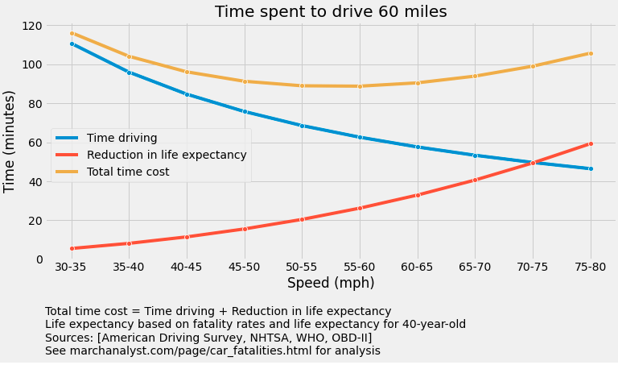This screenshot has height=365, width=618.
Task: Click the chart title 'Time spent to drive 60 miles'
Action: click(x=331, y=11)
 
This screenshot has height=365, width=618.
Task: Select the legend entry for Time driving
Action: click(x=122, y=138)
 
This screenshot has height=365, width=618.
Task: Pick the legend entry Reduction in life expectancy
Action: click(x=167, y=155)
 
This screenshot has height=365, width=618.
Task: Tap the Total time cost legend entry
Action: click(x=128, y=172)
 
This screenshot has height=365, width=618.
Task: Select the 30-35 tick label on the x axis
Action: click(x=72, y=268)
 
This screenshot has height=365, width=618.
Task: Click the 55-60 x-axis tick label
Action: click(x=360, y=268)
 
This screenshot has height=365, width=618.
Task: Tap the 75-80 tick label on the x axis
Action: click(x=591, y=268)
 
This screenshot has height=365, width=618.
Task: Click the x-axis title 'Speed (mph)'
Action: click(x=331, y=284)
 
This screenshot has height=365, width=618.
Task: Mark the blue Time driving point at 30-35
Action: click(x=72, y=44)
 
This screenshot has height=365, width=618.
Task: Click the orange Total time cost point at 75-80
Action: click(x=591, y=53)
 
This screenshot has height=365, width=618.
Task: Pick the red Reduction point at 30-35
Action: click(x=72, y=248)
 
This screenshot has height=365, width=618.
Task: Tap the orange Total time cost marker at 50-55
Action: click(x=302, y=85)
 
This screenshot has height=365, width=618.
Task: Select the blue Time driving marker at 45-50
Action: click(x=245, y=111)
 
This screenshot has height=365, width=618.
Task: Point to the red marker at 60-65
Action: click(x=418, y=195)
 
